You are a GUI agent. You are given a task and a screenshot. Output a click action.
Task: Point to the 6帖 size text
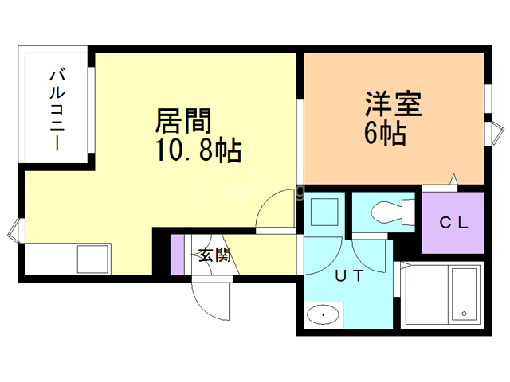pyautogui.click(x=385, y=134)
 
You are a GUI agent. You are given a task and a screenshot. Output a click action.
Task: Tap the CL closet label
pyautogui.click(x=453, y=224)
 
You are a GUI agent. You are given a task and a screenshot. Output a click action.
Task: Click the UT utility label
pyautogui.click(x=348, y=277)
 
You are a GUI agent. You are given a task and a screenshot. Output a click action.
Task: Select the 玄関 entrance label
pyautogui.click(x=214, y=255)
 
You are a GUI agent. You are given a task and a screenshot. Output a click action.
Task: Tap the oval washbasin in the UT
pyautogui.click(x=323, y=315)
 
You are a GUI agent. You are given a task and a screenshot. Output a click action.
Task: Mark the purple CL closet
pyautogui.click(x=453, y=223)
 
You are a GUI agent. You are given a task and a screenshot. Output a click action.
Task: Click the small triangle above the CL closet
pyautogui.click(x=453, y=179)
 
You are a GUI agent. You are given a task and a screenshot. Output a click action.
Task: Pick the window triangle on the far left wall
pyautogui.click(x=13, y=232)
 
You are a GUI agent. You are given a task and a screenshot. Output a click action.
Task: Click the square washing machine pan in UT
pyautogui.click(x=324, y=213)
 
